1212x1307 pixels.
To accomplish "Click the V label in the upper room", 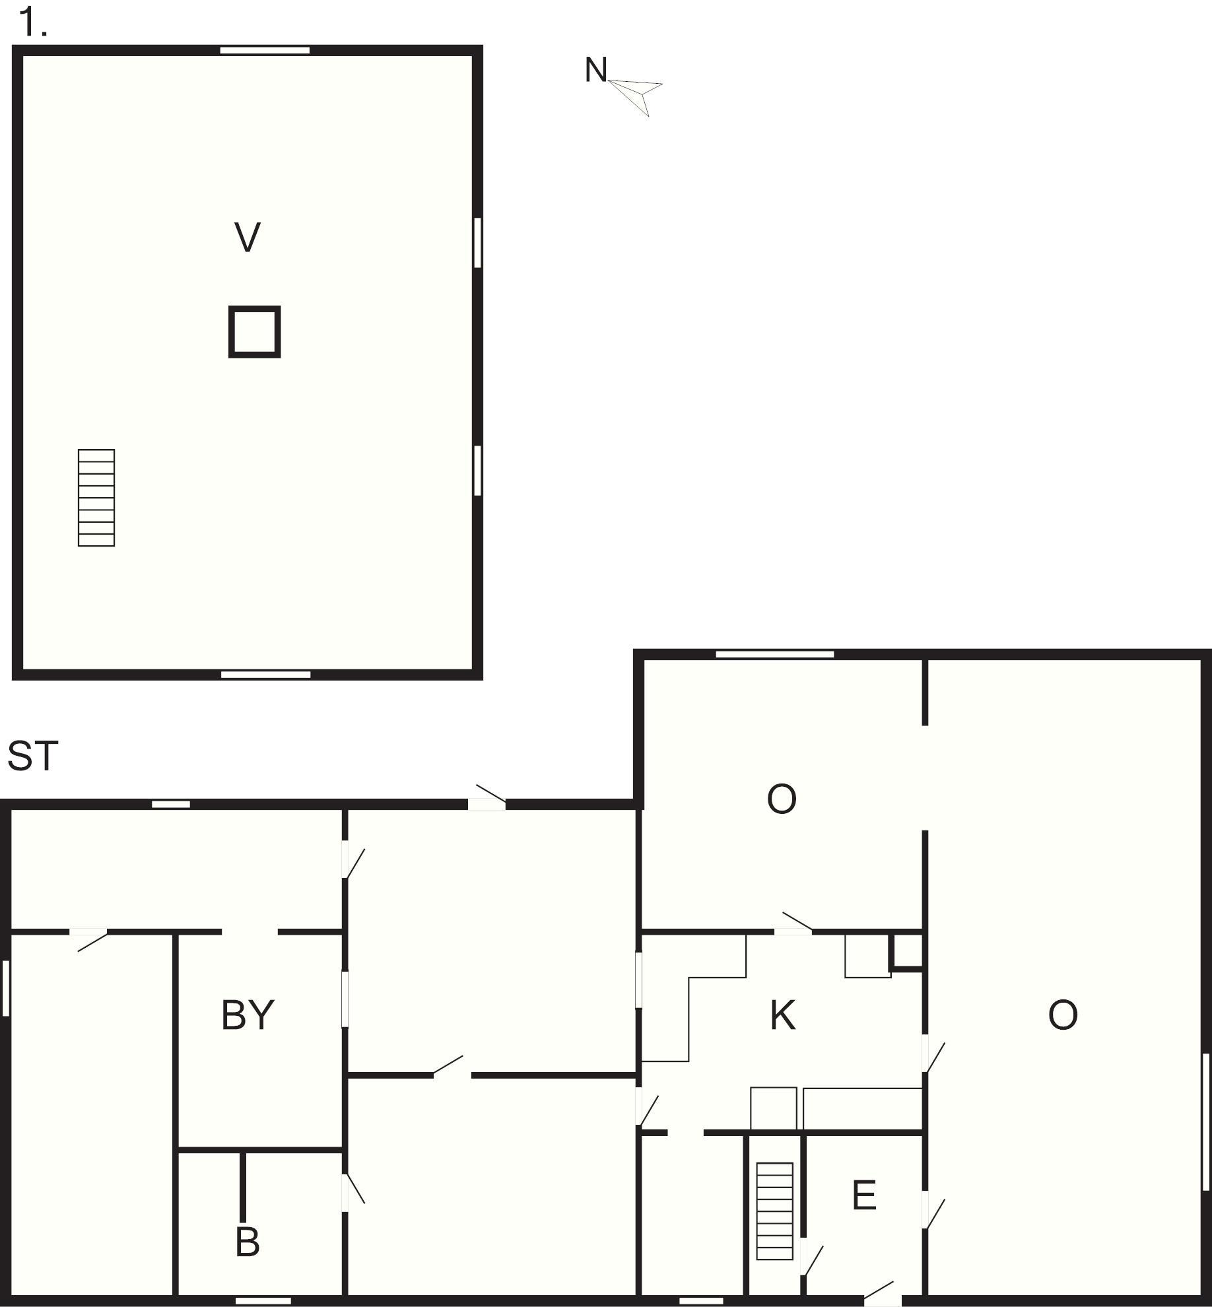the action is tap(248, 238).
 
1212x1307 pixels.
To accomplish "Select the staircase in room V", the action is tap(96, 498).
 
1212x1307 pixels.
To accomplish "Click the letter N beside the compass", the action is tap(595, 70).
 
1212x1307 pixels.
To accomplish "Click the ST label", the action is tap(32, 756).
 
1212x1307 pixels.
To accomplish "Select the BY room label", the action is tap(248, 1015).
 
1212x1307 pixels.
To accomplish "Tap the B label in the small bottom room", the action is tap(248, 1242).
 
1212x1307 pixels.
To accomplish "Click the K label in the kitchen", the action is tap(783, 1015).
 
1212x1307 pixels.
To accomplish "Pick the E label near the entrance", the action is tap(864, 1195).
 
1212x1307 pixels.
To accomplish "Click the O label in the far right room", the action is tap(1063, 1015).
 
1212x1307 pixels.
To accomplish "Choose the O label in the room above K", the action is tap(782, 799).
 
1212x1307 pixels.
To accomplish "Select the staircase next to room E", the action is tap(774, 1211).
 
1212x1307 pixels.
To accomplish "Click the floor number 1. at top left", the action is tap(33, 23).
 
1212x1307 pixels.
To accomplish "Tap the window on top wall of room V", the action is tap(265, 50).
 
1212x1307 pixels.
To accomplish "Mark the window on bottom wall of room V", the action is tap(265, 675).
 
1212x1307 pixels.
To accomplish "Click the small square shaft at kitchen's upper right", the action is tap(906, 951).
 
